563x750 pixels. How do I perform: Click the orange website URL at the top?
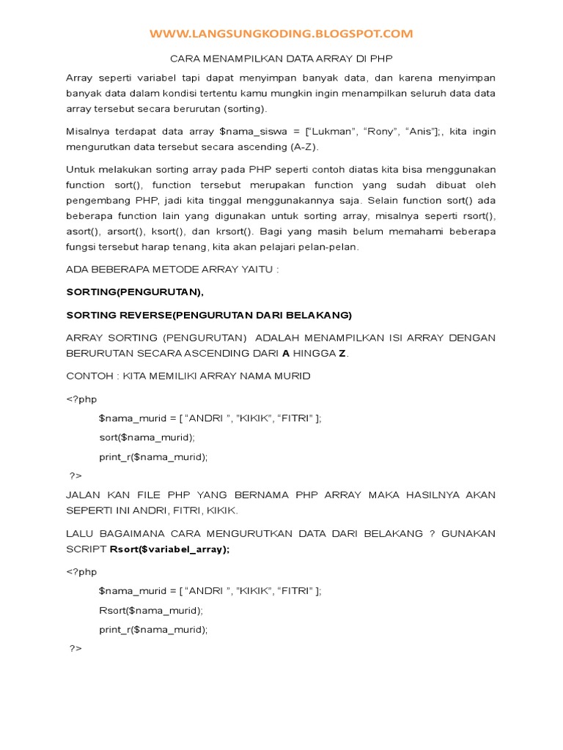pyautogui.click(x=281, y=34)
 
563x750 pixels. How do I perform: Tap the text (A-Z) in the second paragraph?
pyautogui.click(x=296, y=146)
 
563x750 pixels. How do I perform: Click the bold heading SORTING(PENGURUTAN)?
pyautogui.click(x=135, y=292)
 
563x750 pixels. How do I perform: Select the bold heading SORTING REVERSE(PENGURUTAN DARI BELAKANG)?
pyautogui.click(x=209, y=315)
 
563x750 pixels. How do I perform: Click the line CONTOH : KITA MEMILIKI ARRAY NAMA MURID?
pyautogui.click(x=188, y=376)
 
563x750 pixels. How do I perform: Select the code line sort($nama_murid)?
pyautogui.click(x=147, y=437)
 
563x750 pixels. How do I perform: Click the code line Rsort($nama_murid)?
pyautogui.click(x=151, y=610)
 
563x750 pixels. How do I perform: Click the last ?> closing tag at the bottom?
pyautogui.click(x=76, y=648)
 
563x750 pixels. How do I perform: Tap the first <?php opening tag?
pyautogui.click(x=81, y=399)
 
